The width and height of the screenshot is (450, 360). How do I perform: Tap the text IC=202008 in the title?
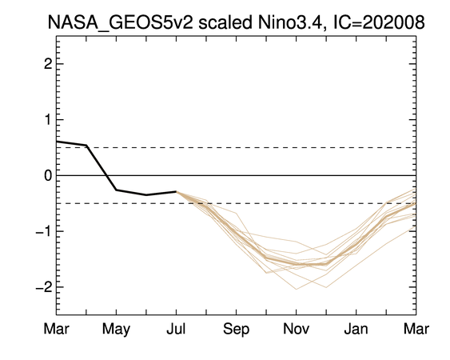(x=379, y=22)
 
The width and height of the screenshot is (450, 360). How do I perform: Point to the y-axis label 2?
(x=48, y=64)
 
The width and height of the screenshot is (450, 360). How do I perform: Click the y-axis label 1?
(x=48, y=119)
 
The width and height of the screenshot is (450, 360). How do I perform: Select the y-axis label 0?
(x=48, y=175)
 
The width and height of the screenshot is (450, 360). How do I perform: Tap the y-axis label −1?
(x=44, y=231)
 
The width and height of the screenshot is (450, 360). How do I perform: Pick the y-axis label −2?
(x=44, y=286)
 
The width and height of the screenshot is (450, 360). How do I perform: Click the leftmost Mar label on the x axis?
(x=56, y=328)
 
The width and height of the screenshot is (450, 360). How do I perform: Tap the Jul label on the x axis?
(x=176, y=328)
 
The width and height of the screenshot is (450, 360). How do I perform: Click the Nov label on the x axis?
(x=297, y=328)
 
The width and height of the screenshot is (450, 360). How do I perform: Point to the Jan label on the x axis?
(x=356, y=328)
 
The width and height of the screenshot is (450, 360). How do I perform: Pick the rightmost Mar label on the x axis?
(x=416, y=328)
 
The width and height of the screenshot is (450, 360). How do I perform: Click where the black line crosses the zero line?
(x=106, y=175)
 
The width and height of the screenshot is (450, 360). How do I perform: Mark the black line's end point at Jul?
(x=176, y=191)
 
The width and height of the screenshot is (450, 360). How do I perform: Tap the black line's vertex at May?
(x=116, y=190)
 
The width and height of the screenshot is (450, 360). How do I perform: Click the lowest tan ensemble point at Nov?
(x=297, y=289)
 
